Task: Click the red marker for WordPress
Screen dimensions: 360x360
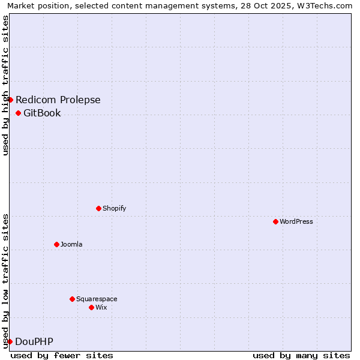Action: pos(275,221)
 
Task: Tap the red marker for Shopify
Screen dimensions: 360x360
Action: pos(98,208)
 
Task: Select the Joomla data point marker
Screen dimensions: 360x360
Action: pos(56,244)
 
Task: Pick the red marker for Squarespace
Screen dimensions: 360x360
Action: pos(72,299)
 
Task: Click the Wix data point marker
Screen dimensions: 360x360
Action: pos(91,307)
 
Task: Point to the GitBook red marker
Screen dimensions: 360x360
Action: pos(18,113)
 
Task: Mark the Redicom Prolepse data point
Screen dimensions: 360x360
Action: pos(10,100)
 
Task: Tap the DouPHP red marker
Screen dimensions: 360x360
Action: pos(10,341)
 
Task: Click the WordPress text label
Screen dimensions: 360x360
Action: pos(296,221)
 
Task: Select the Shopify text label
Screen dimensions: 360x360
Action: pos(115,208)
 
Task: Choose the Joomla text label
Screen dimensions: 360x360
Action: pos(71,244)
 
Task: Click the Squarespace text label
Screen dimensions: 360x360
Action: pos(97,299)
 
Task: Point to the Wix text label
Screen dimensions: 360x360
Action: pos(101,307)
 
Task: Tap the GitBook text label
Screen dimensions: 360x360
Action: pos(42,113)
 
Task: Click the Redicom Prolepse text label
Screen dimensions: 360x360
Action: pos(58,100)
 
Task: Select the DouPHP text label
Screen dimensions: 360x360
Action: pos(34,341)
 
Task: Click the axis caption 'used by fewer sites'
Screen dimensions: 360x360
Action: pos(62,355)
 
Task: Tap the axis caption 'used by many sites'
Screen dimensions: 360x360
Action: pos(301,355)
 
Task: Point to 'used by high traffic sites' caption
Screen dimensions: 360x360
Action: pos(5,85)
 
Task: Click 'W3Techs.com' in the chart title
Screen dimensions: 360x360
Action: pos(327,5)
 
